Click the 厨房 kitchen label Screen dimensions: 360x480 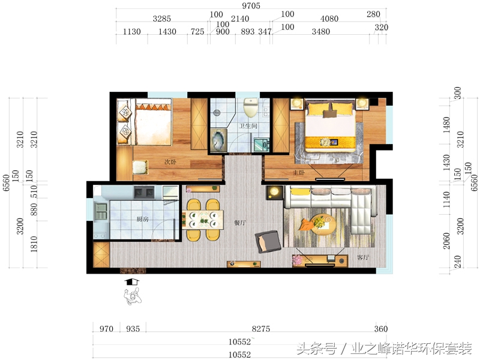[142, 219]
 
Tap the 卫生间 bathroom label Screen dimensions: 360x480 [248, 126]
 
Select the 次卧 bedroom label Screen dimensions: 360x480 [170, 162]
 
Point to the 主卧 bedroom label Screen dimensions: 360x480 [298, 173]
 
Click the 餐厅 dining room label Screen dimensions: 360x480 [241, 223]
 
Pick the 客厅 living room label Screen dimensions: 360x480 [363, 257]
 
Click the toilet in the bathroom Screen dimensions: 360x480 [251, 109]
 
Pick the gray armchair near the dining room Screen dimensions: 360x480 [268, 241]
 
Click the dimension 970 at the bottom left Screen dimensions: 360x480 [106, 329]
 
